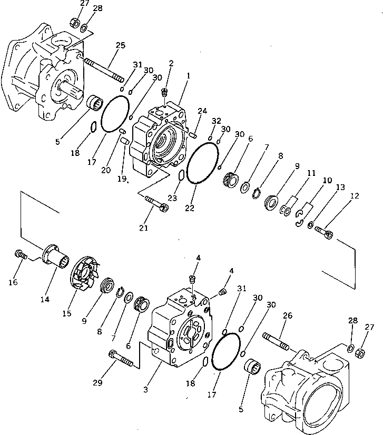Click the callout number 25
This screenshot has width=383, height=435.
tap(120, 46)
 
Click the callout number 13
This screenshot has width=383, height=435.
tap(340, 187)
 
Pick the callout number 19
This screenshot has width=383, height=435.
tap(122, 179)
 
